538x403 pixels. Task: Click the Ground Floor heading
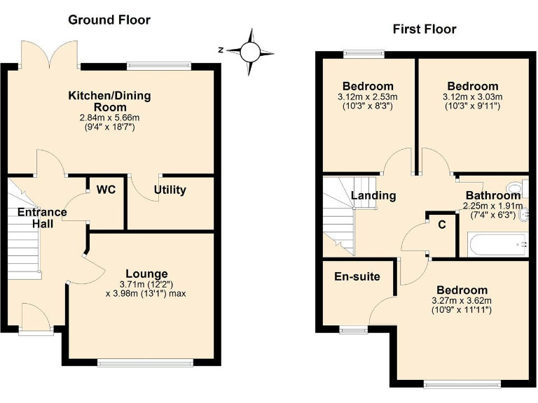point(109,20)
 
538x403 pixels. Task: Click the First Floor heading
point(424,29)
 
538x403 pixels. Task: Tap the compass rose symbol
point(250,50)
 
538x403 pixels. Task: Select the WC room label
point(106,190)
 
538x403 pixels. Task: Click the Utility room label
point(170,190)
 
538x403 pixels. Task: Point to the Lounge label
point(146,273)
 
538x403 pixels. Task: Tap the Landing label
point(373,196)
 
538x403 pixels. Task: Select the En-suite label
point(357,276)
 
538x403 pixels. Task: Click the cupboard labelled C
point(441,225)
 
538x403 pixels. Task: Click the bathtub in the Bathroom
point(493,245)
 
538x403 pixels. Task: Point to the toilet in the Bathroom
point(516,187)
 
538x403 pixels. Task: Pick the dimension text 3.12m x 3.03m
point(473,97)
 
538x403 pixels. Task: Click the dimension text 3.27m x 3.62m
point(462,301)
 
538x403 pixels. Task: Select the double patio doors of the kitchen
point(50,52)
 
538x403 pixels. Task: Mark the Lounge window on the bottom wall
point(145,362)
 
